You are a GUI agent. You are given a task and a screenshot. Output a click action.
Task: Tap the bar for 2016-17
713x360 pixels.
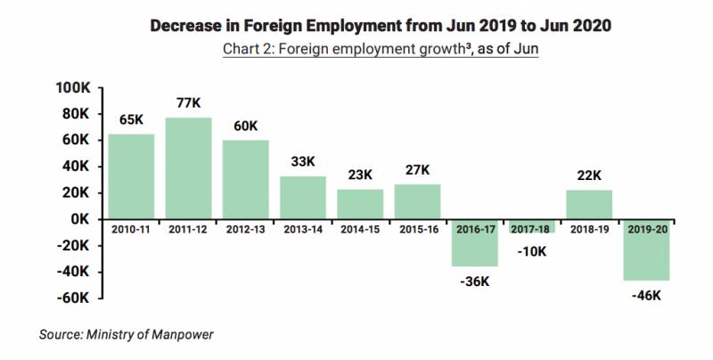point(474,242)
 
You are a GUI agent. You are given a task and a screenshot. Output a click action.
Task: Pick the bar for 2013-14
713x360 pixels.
point(303,197)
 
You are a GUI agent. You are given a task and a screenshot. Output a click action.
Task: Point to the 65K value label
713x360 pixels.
point(131,119)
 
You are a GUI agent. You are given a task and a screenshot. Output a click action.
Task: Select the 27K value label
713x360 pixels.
point(417,169)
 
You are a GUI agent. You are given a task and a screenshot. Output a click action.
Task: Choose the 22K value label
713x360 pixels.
point(589,175)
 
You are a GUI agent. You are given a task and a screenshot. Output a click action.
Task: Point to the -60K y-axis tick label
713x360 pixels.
point(73,298)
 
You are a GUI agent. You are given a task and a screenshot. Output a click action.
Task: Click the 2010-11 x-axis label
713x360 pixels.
point(131,229)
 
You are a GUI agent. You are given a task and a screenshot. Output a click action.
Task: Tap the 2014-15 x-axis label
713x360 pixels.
point(360,229)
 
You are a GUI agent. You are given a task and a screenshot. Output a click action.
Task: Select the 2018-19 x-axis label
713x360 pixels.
point(589,229)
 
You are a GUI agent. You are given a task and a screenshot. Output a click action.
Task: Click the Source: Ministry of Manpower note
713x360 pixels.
point(125,334)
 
